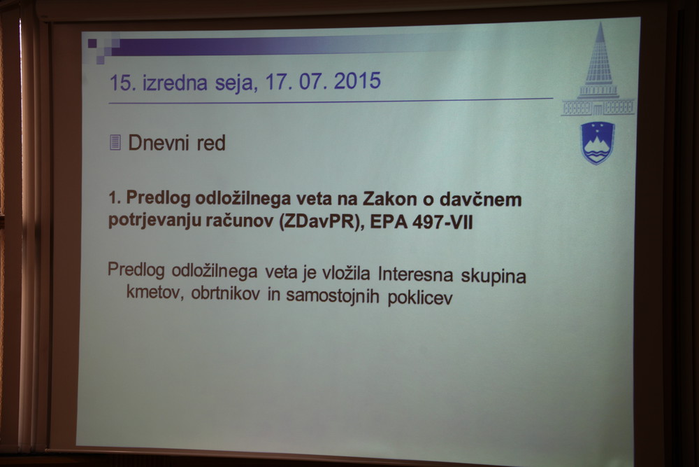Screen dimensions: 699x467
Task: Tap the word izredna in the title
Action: point(175,83)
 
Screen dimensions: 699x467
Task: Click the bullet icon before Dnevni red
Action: point(115,142)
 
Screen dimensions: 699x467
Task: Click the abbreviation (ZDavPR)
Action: point(319,222)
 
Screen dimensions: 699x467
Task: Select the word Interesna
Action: point(415,274)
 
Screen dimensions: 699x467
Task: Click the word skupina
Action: point(493,277)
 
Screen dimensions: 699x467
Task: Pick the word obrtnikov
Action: point(226,294)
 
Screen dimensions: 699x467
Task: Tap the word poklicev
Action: point(420,298)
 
